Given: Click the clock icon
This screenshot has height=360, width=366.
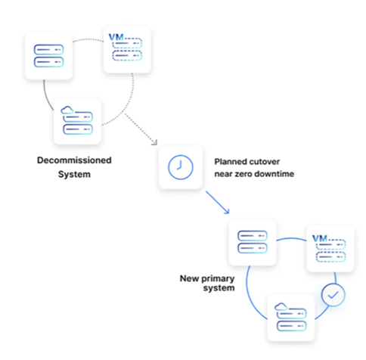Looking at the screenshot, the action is pyautogui.click(x=181, y=167).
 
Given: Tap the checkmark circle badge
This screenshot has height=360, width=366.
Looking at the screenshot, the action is pyautogui.click(x=333, y=295).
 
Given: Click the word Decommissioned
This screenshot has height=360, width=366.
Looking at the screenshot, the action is pyautogui.click(x=74, y=160).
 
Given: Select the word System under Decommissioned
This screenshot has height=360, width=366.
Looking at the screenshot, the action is pyautogui.click(x=74, y=174).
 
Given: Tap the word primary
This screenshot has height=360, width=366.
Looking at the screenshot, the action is pyautogui.click(x=218, y=279).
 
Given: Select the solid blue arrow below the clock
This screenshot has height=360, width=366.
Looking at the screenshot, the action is pyautogui.click(x=218, y=203).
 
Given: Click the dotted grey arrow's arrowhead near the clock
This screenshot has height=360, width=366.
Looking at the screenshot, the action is pyautogui.click(x=154, y=143).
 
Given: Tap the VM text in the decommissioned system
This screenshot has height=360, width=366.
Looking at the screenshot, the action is pyautogui.click(x=116, y=37).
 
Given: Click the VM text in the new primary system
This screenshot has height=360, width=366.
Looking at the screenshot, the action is pyautogui.click(x=320, y=238).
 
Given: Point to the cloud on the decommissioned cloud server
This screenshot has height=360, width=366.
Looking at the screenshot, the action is pyautogui.click(x=67, y=110).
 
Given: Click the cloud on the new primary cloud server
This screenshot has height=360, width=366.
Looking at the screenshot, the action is pyautogui.click(x=281, y=306).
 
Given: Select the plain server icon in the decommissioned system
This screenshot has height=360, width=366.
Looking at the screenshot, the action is pyautogui.click(x=48, y=56).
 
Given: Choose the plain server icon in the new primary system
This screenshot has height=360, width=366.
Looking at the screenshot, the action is pyautogui.click(x=253, y=242).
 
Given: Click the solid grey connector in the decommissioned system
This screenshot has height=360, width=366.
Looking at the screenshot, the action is pyautogui.click(x=48, y=96).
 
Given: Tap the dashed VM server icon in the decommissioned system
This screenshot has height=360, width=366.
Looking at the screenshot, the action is pyautogui.click(x=127, y=49).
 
